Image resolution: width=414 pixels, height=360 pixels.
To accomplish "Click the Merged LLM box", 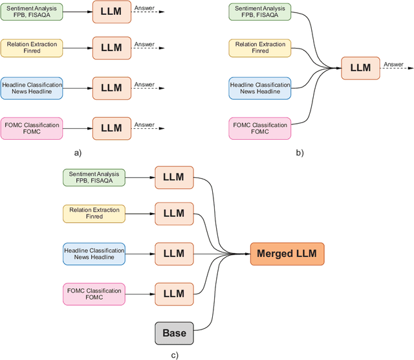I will click(x=287, y=254).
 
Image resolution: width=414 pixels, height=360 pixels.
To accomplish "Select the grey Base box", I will click(x=173, y=333).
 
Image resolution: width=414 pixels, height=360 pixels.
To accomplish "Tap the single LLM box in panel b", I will click(x=360, y=68).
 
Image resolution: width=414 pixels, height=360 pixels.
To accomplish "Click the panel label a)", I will click(x=78, y=153).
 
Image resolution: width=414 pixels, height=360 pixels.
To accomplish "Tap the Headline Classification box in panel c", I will click(x=93, y=253).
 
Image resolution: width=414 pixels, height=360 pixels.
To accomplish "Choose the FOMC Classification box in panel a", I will click(x=31, y=128).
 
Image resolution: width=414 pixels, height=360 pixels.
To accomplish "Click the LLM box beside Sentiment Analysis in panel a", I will click(x=111, y=12).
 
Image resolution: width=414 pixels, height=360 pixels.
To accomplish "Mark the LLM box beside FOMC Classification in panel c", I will click(x=173, y=293).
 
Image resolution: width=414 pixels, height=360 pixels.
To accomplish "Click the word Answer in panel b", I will click(x=393, y=64).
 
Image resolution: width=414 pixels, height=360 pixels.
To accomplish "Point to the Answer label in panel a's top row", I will click(x=144, y=8).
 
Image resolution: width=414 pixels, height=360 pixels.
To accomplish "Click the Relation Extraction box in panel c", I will click(x=93, y=214).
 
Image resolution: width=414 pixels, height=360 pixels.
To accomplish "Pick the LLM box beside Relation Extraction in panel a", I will click(x=111, y=48).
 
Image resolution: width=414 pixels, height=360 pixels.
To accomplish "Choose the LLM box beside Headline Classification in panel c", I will click(x=173, y=253).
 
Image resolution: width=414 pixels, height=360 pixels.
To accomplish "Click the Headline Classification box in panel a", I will click(x=31, y=88).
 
